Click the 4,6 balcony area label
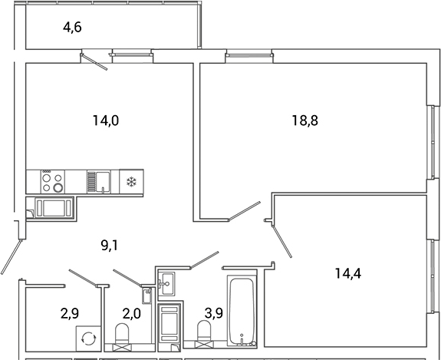[72, 28]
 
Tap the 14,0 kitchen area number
[106, 120]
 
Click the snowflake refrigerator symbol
[130, 182]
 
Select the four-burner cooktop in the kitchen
[52, 181]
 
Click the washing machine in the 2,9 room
[87, 339]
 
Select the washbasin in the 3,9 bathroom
[169, 282]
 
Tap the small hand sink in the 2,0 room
[146, 296]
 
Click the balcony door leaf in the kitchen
[97, 62]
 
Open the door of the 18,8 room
[252, 209]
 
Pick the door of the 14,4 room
[281, 240]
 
